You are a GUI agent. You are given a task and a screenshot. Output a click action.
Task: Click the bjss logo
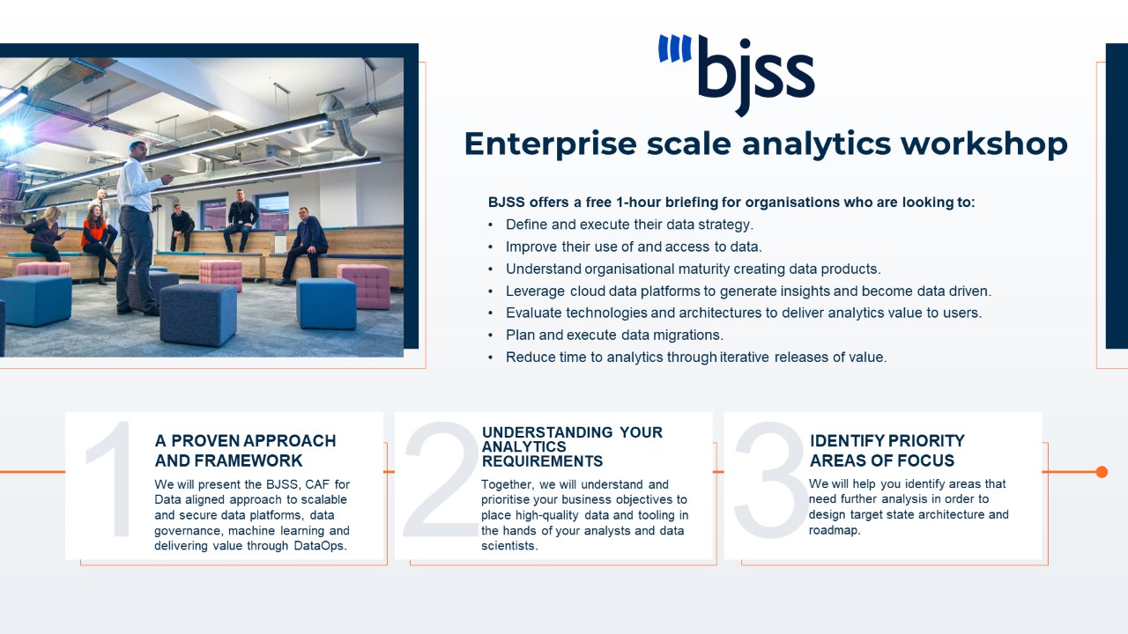click(x=736, y=75)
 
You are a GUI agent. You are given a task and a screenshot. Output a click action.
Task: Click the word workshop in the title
click(x=984, y=144)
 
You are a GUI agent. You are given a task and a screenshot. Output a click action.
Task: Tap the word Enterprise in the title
click(x=551, y=145)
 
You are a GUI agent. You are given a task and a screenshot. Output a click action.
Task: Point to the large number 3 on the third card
click(x=770, y=480)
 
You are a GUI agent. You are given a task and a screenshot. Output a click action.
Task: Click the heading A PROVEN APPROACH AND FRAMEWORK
click(x=245, y=451)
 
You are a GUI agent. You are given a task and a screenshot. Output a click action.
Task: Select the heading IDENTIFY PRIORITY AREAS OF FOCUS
click(x=887, y=451)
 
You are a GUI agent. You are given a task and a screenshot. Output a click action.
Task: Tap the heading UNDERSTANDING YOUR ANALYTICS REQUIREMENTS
click(x=572, y=446)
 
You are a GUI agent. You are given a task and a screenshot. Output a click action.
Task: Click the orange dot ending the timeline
click(x=1102, y=472)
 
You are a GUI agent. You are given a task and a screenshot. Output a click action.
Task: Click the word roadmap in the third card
click(x=835, y=531)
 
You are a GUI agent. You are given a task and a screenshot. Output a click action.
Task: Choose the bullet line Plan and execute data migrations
click(x=614, y=335)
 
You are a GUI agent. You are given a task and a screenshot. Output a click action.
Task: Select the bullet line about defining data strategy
click(x=629, y=225)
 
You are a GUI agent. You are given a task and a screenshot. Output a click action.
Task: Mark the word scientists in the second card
click(x=509, y=546)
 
